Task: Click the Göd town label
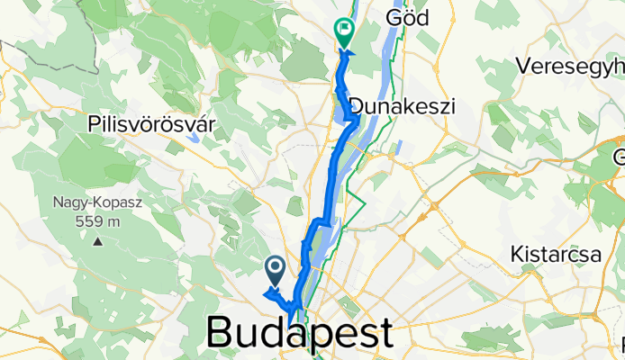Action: [403, 17]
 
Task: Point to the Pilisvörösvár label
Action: [151, 124]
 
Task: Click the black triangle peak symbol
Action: [97, 241]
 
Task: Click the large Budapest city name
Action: [300, 332]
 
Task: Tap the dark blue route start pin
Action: [276, 267]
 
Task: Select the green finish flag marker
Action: [343, 32]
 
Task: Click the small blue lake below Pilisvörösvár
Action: [195, 139]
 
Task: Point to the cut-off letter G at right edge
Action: [619, 158]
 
